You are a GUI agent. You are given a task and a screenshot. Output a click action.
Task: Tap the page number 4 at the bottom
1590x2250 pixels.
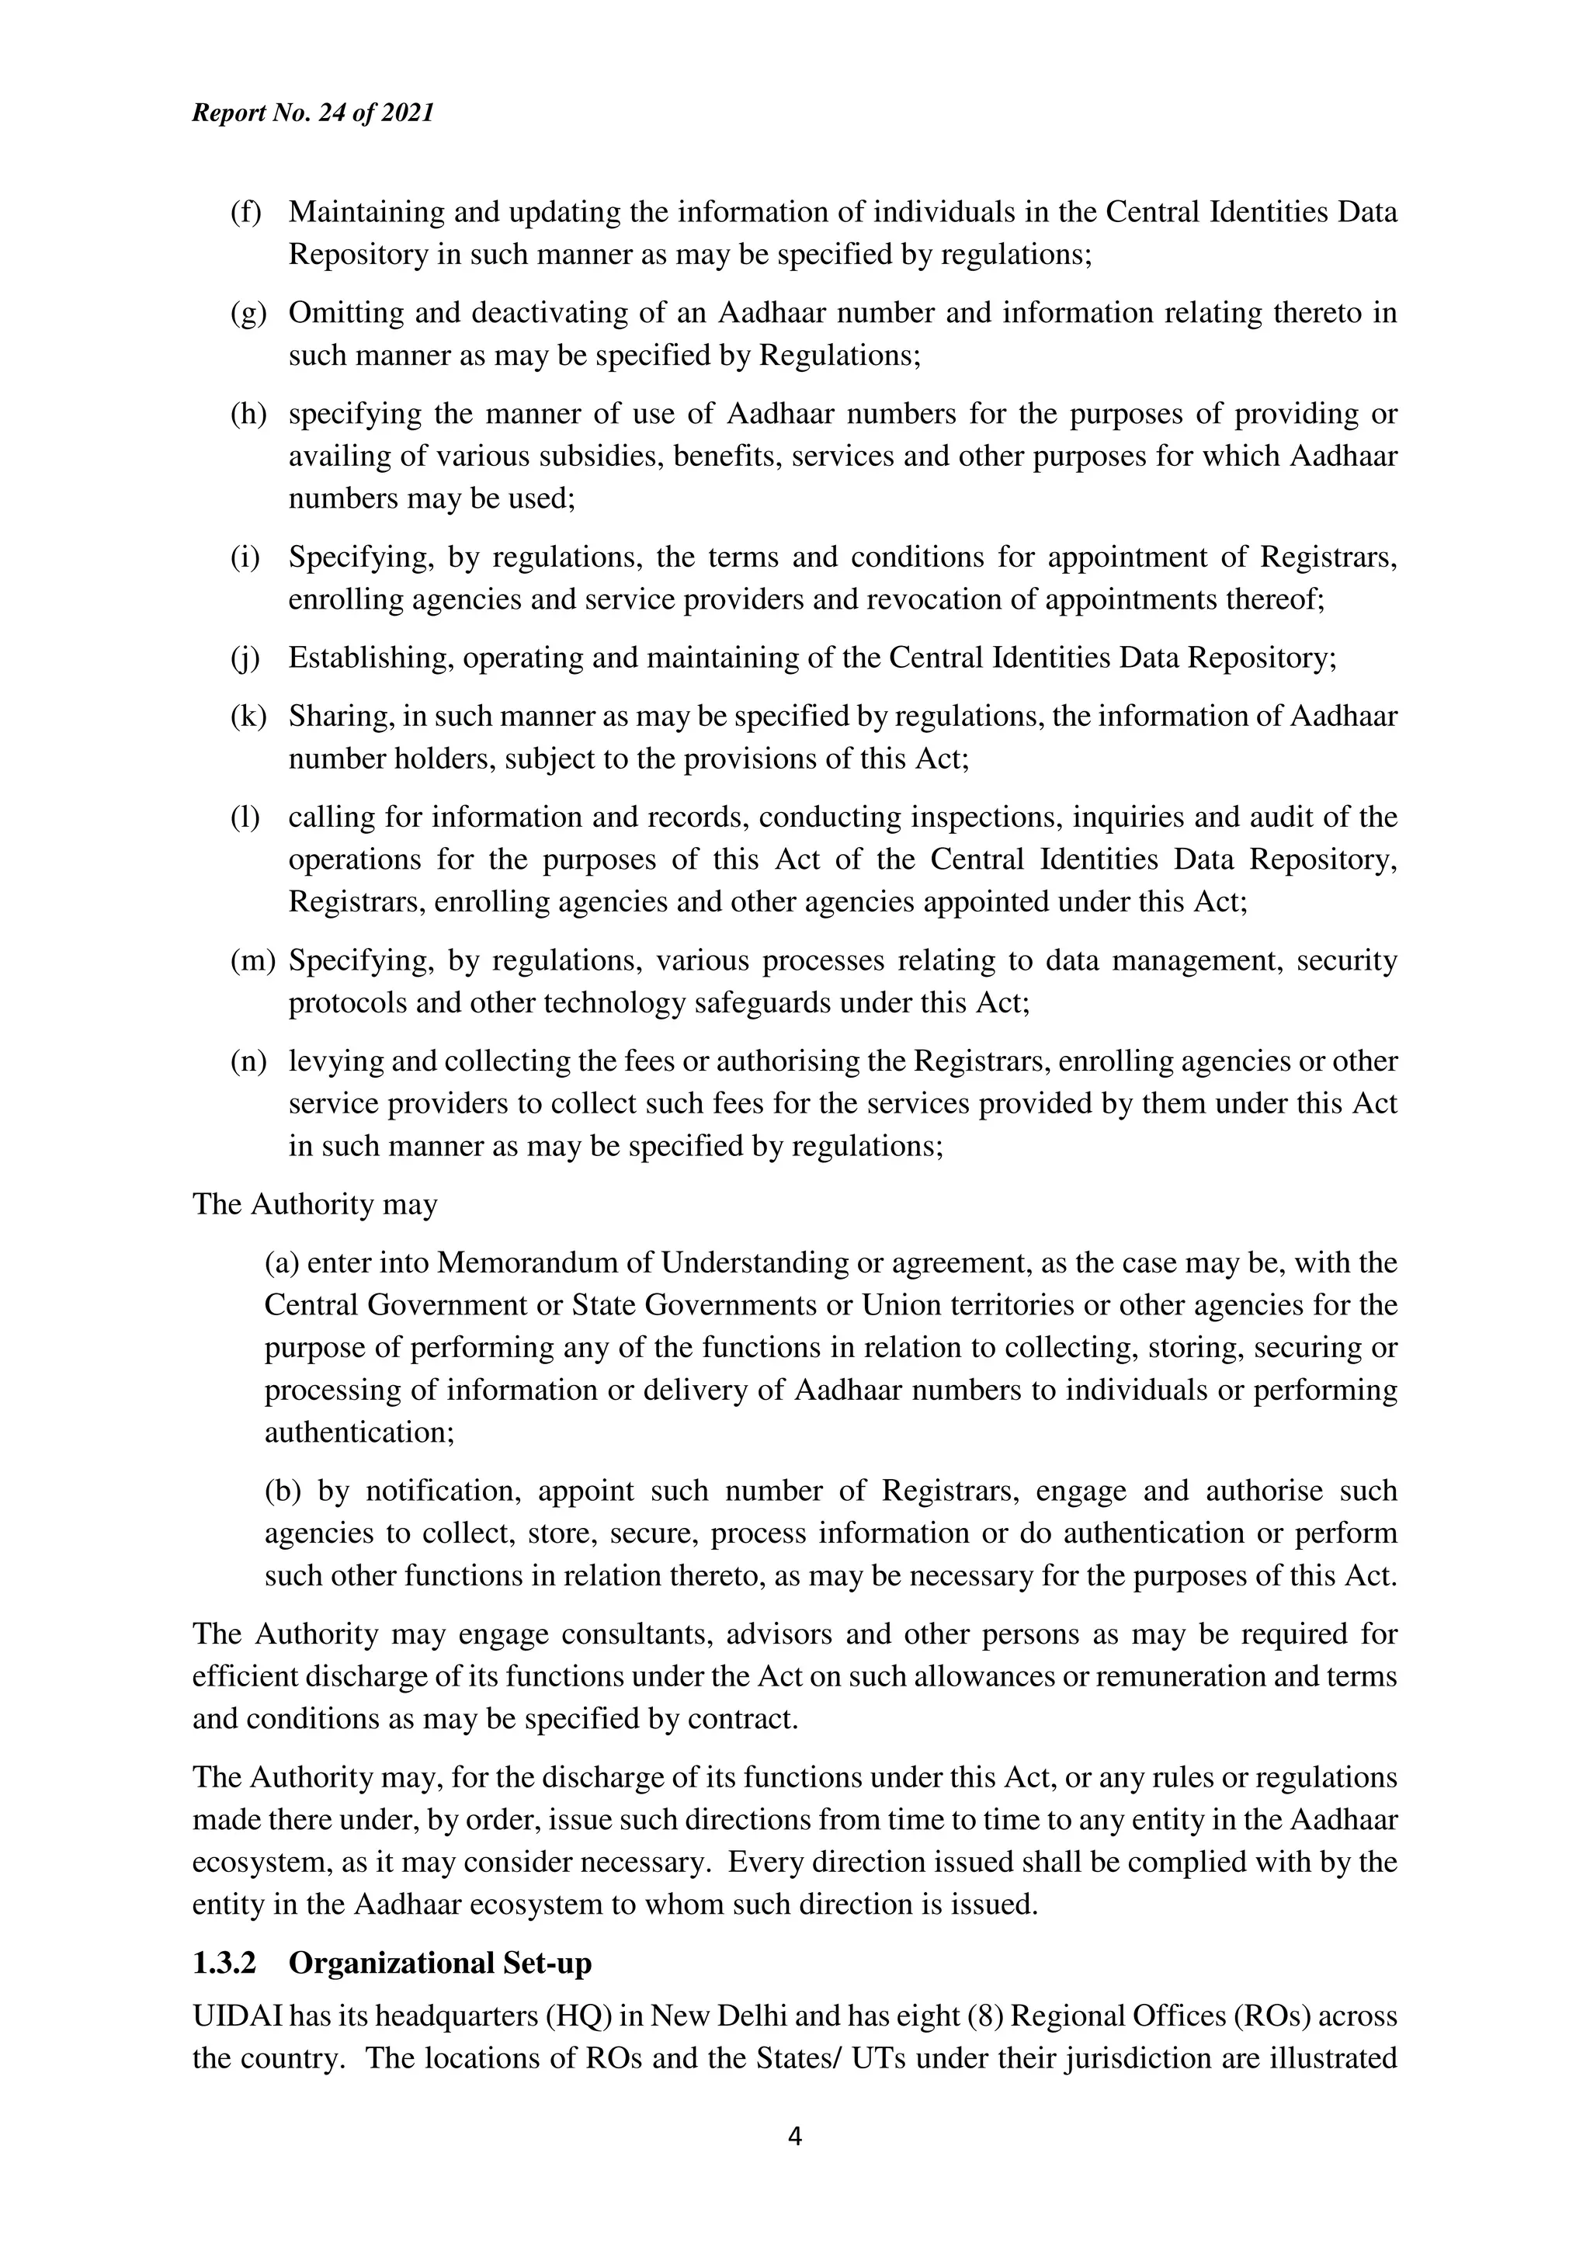pos(794,2137)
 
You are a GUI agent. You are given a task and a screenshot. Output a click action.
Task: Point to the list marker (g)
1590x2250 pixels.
pos(248,313)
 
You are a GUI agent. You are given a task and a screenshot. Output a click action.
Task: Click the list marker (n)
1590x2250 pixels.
pos(248,1061)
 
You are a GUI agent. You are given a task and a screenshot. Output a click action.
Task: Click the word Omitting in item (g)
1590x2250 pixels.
pos(345,313)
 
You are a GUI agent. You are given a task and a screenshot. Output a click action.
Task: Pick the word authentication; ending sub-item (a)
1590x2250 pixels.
pos(359,1432)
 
